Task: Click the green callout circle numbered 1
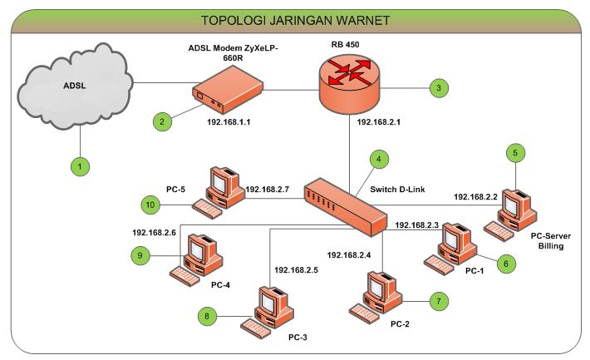click(x=80, y=166)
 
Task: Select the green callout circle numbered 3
click(x=437, y=86)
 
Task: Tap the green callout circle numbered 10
click(x=150, y=204)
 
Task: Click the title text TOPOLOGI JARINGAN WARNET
click(x=295, y=19)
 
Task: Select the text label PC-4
click(x=221, y=284)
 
